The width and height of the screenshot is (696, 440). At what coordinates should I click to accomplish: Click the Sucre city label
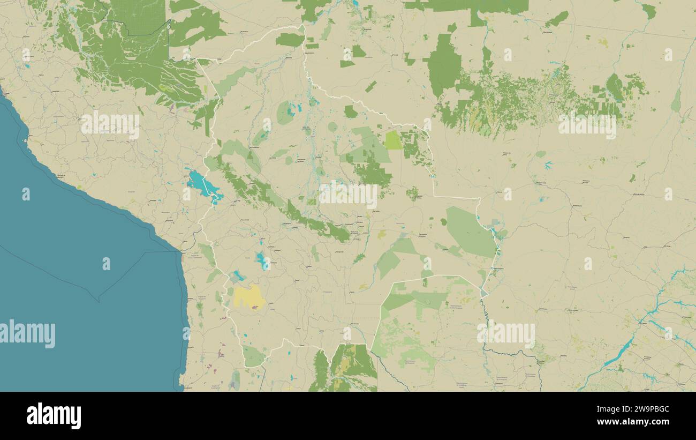[x=309, y=265]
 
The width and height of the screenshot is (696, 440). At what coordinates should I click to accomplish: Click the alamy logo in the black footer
[x=54, y=416]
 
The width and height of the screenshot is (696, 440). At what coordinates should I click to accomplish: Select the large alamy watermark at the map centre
[x=348, y=194]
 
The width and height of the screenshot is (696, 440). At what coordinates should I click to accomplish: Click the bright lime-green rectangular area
[x=394, y=140]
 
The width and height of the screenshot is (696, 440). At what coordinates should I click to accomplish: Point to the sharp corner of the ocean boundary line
[x=98, y=301]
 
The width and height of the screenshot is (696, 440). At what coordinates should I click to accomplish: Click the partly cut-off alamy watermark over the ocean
[x=28, y=334]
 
